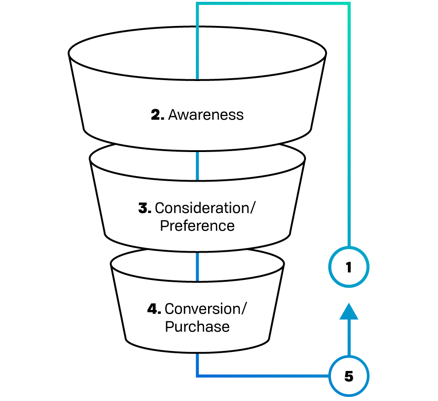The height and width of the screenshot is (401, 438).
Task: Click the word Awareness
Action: [x=206, y=115]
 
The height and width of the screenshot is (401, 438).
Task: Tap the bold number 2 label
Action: [x=158, y=115]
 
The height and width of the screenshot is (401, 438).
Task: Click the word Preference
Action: [x=197, y=226]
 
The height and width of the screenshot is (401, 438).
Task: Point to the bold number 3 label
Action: [x=145, y=208]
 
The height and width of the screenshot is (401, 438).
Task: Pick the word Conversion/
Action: [x=205, y=309]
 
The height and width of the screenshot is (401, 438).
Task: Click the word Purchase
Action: [x=197, y=326]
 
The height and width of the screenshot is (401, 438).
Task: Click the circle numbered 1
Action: [x=349, y=268]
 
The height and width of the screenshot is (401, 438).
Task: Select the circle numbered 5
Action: [x=349, y=377]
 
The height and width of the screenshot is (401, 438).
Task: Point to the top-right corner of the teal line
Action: [x=349, y=4]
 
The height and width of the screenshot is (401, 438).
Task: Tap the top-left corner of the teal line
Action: [x=197, y=4]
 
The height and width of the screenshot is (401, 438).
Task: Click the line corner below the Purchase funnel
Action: [x=197, y=376]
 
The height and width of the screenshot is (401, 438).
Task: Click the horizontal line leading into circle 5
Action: [x=264, y=376]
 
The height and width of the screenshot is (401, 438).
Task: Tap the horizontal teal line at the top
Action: [x=273, y=4]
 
